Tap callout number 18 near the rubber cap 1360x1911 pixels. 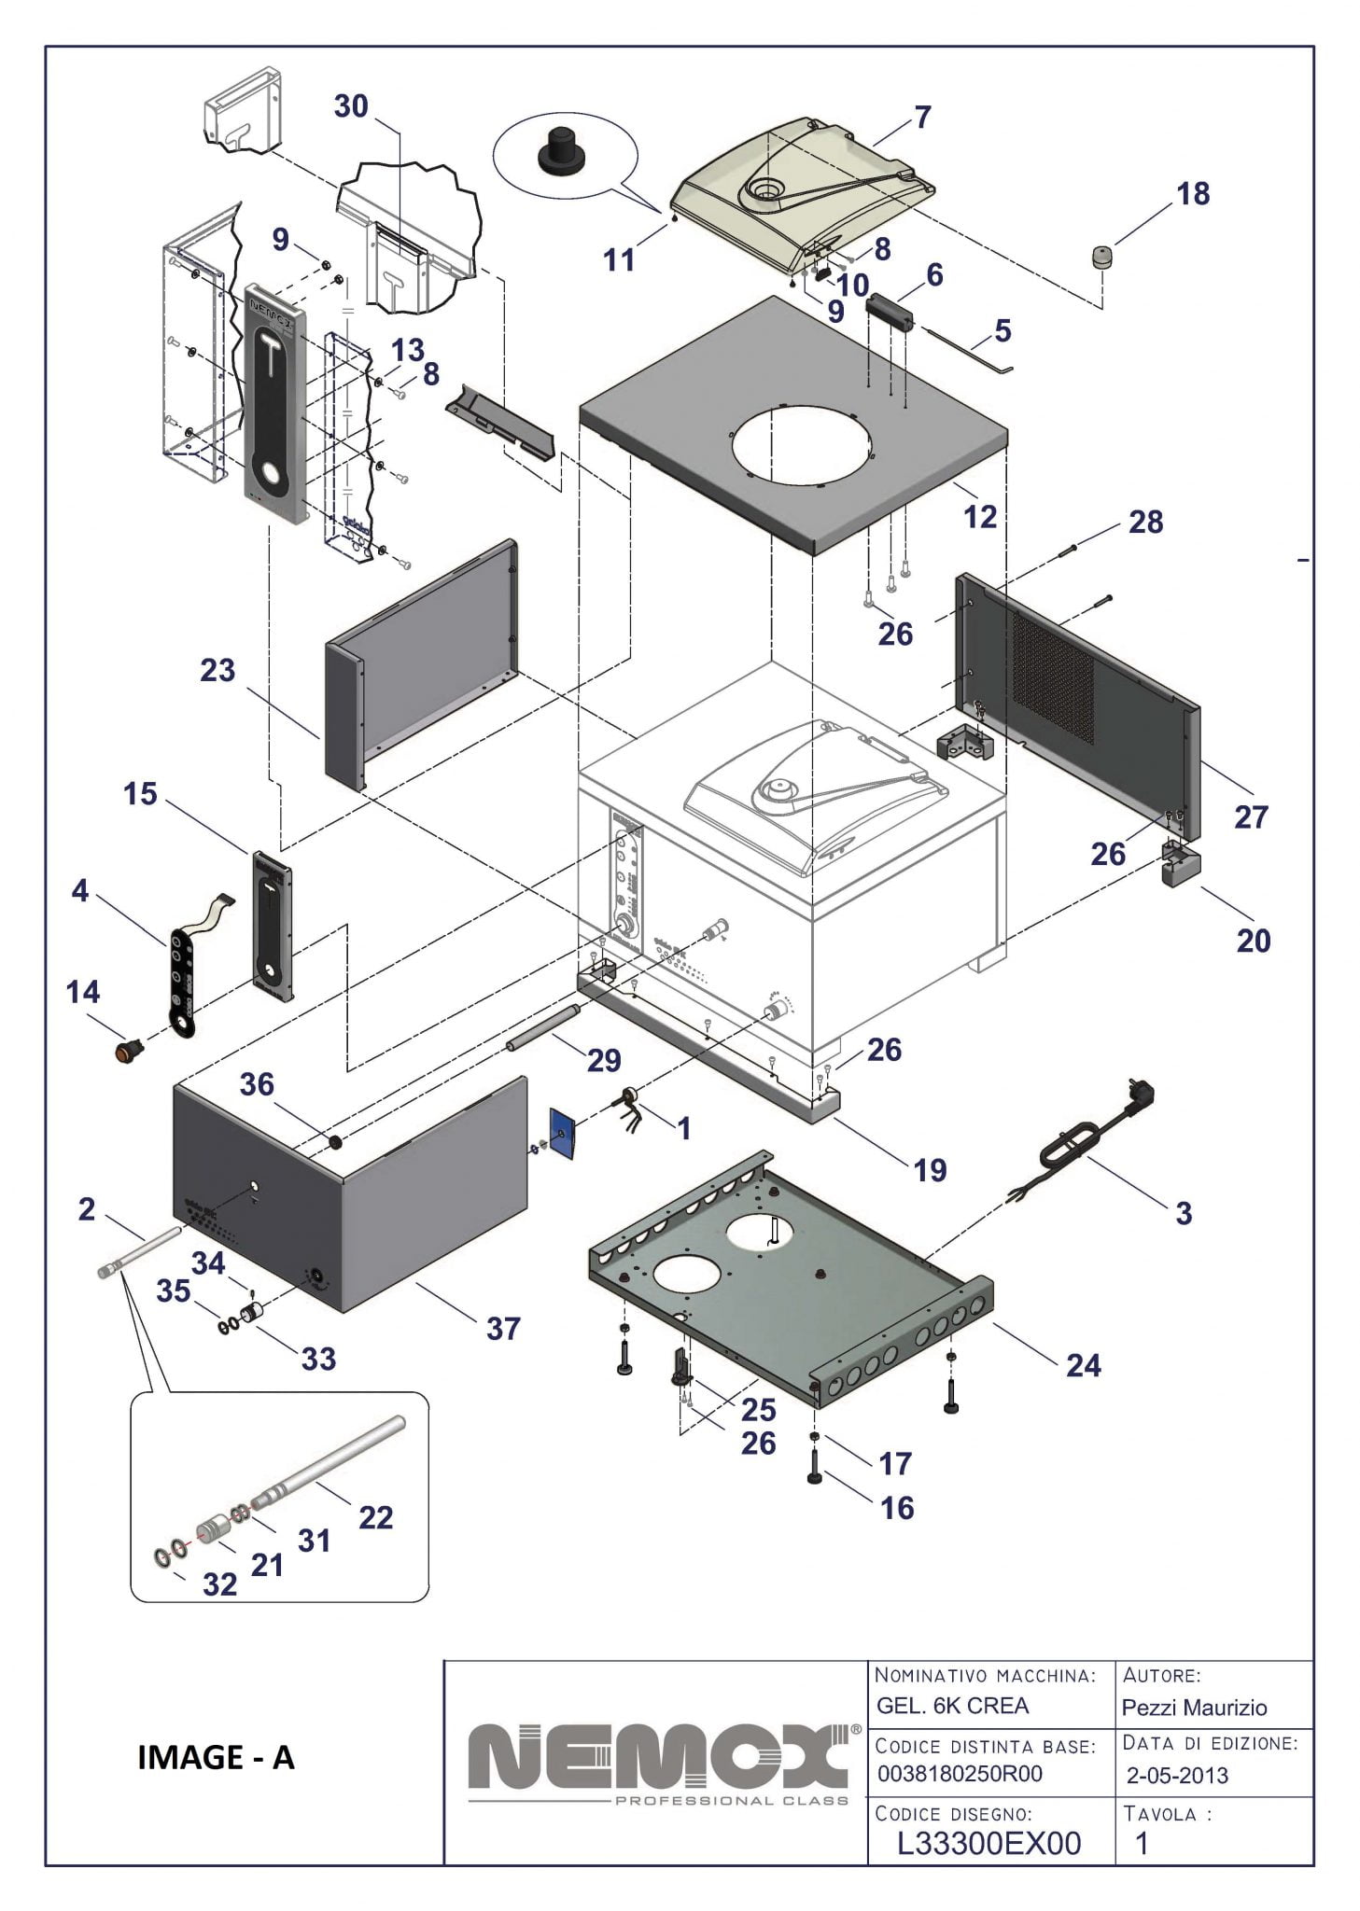pyautogui.click(x=1193, y=194)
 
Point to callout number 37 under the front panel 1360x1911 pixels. pyautogui.click(x=503, y=1328)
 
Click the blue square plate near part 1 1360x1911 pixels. pyautogui.click(x=563, y=1132)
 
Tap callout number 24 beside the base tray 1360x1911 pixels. pyautogui.click(x=1084, y=1365)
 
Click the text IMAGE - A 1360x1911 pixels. pyautogui.click(x=216, y=1757)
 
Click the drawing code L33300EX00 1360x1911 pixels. pyautogui.click(x=988, y=1843)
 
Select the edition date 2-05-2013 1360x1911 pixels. pyautogui.click(x=1177, y=1775)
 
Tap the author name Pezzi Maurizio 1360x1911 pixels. pyautogui.click(x=1194, y=1708)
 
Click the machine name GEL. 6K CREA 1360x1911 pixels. pyautogui.click(x=952, y=1706)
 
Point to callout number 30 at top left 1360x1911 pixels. pyautogui.click(x=351, y=106)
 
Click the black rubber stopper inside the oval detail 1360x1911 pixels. pyautogui.click(x=558, y=151)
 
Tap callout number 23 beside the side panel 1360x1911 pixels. pyautogui.click(x=217, y=670)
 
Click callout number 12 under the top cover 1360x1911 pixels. pyautogui.click(x=980, y=516)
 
